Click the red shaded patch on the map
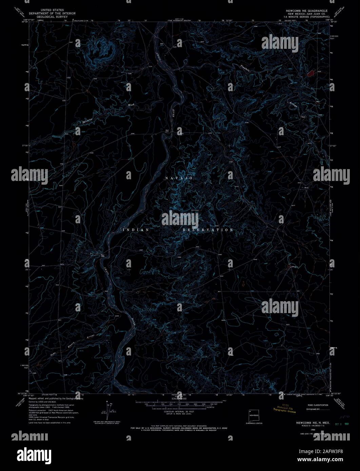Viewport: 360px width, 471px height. tap(311, 72)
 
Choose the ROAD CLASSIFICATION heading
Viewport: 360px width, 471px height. tap(317, 405)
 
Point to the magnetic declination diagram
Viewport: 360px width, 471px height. tap(109, 412)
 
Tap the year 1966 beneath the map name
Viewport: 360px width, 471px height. tap(308, 429)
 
